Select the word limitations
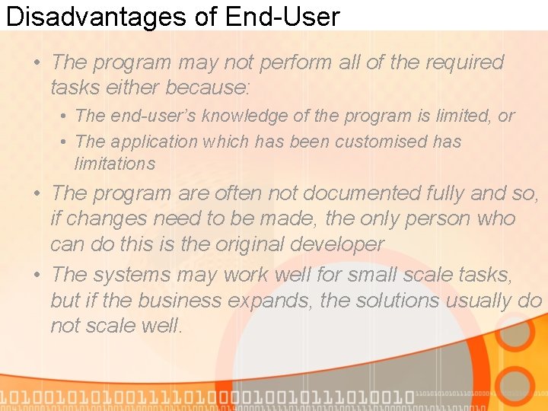tap(115, 164)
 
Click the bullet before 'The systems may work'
tap(37, 274)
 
